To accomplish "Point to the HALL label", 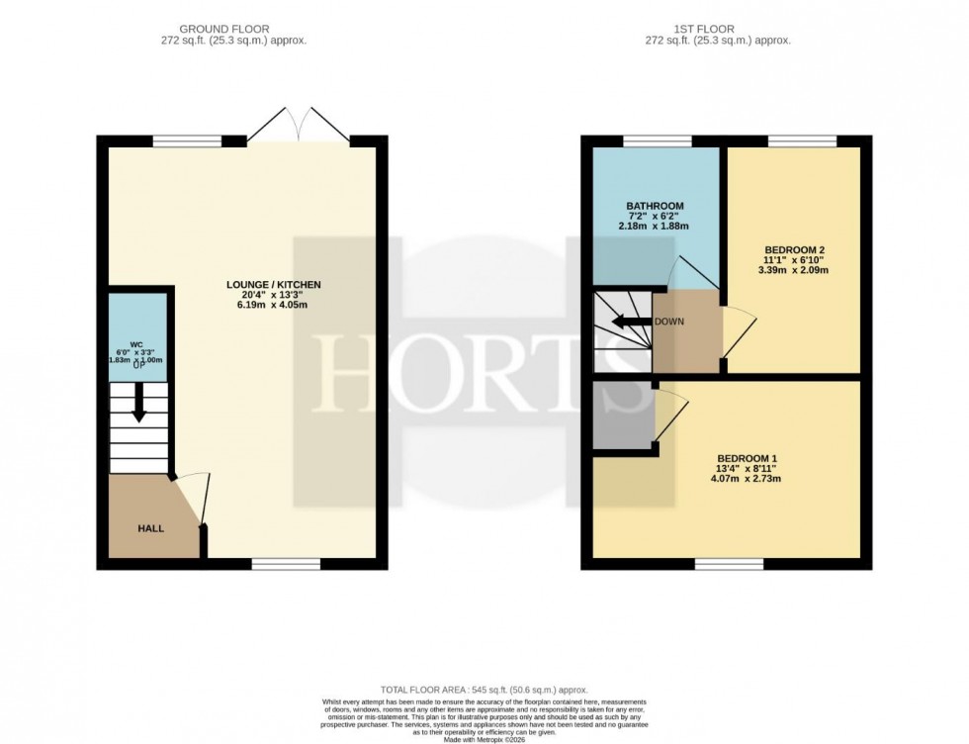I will pyautogui.click(x=150, y=528).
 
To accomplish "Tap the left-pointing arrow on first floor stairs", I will pyautogui.click(x=624, y=323).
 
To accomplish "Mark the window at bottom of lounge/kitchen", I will pyautogui.click(x=286, y=564).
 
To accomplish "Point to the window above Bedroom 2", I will pyautogui.click(x=802, y=141).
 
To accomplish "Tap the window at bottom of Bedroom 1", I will pyautogui.click(x=730, y=564).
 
